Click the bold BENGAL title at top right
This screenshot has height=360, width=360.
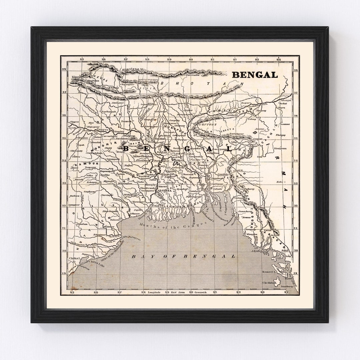click(255, 75)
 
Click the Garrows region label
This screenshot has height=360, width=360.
click(209, 124)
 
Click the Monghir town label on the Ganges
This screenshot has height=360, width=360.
click(119, 132)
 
